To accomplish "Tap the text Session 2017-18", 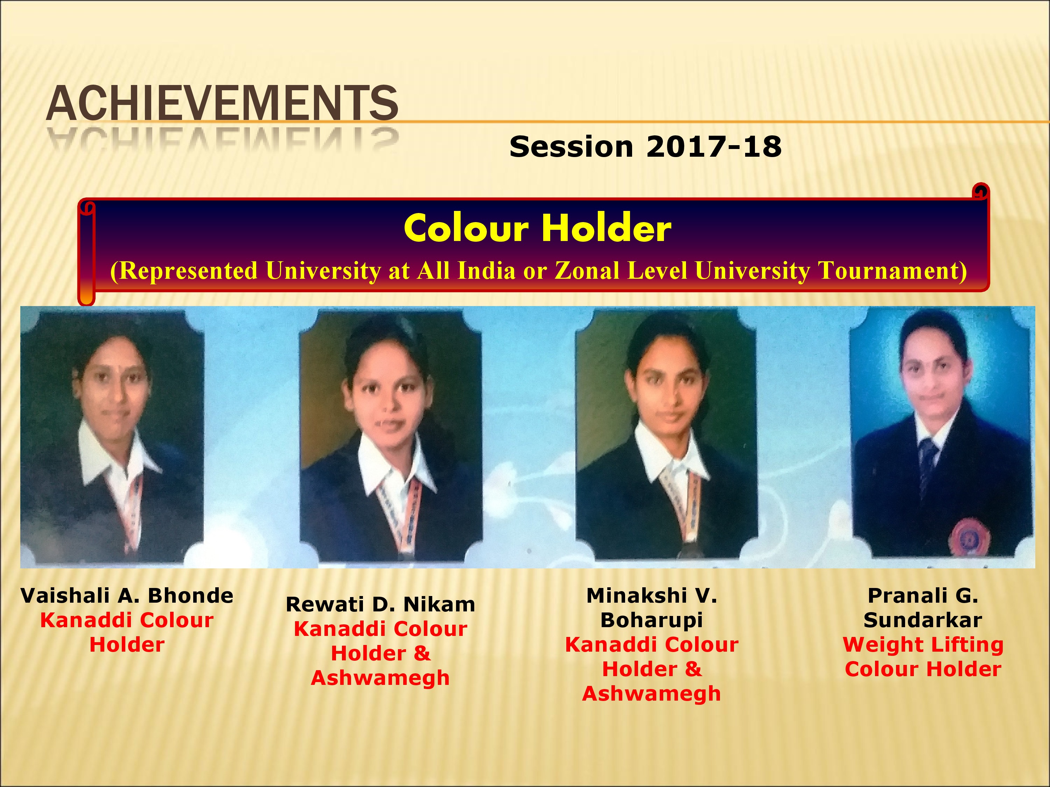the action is (x=645, y=147).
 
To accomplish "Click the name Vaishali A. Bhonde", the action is (x=127, y=596).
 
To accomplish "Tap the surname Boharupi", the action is (x=651, y=621).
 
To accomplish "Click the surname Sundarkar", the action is (x=923, y=620).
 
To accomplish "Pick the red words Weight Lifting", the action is (x=923, y=645).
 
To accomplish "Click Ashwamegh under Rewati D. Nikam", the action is (x=380, y=678).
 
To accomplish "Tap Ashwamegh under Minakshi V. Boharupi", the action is (x=651, y=694).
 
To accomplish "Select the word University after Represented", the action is (x=324, y=271).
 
